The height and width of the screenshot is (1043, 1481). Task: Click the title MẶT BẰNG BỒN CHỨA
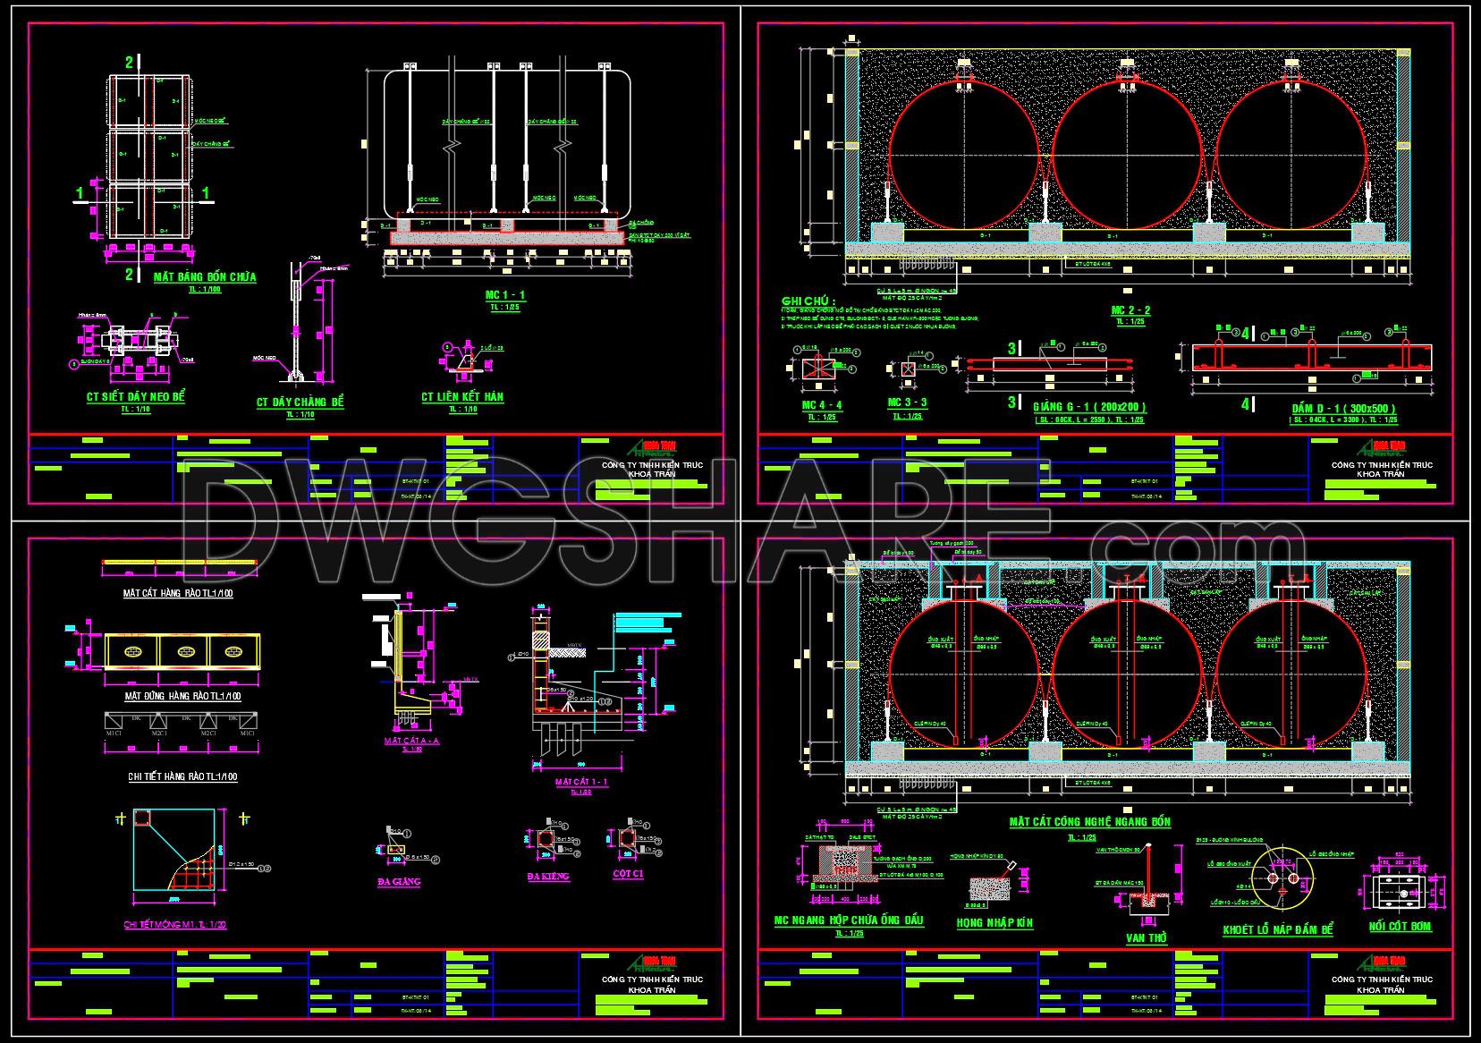click(205, 277)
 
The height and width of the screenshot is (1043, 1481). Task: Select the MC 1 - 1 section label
click(505, 294)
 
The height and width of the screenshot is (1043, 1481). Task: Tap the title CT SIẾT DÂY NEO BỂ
click(135, 396)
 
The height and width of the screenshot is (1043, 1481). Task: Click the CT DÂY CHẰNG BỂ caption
click(300, 403)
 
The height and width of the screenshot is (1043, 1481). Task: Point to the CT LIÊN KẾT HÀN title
click(463, 396)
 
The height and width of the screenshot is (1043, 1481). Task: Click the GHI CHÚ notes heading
click(809, 301)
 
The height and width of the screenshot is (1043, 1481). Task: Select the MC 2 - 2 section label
click(1130, 310)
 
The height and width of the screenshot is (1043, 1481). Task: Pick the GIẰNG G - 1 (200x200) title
click(1088, 407)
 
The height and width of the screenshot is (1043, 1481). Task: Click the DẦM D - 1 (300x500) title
click(1343, 408)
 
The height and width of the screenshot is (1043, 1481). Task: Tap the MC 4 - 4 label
click(821, 405)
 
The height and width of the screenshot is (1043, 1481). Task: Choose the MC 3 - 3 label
click(907, 403)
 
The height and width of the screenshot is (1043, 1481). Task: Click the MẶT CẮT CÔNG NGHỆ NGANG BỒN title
click(1089, 821)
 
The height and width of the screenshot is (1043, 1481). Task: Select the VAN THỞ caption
click(1147, 937)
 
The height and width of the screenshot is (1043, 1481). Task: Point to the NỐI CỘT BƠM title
click(1400, 927)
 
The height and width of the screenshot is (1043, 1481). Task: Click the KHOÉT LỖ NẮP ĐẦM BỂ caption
click(1277, 930)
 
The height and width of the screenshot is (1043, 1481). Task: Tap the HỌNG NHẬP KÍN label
click(994, 922)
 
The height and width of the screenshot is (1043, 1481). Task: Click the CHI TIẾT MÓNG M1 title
click(173, 924)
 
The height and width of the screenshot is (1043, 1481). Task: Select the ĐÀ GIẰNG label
click(399, 881)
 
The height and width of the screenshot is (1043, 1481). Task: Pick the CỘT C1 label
click(628, 873)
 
